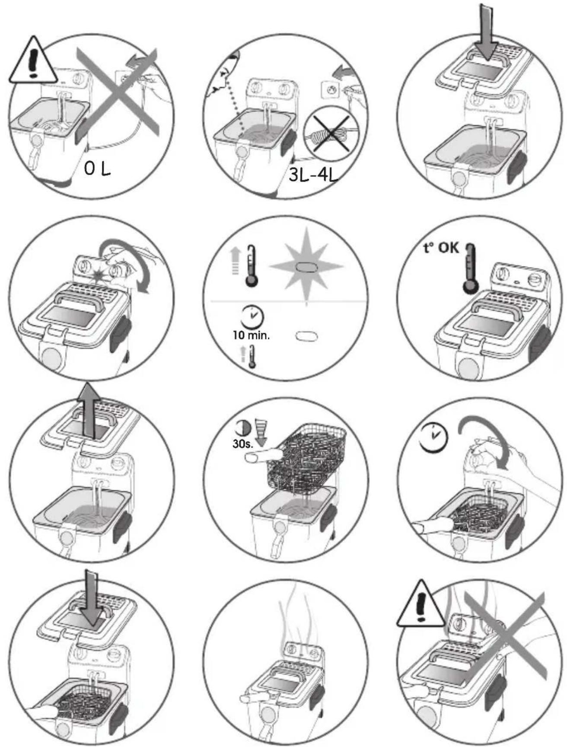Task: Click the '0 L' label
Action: click(97, 169)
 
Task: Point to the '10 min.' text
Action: click(251, 336)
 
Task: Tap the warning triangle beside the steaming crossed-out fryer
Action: click(420, 604)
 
